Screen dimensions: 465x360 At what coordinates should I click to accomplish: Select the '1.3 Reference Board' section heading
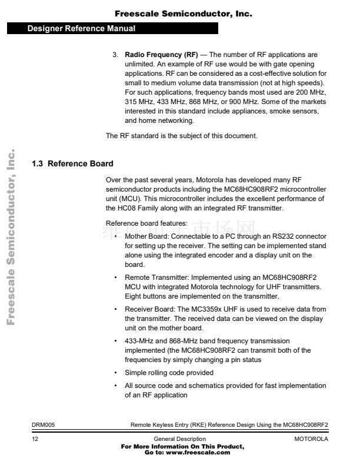click(x=72, y=163)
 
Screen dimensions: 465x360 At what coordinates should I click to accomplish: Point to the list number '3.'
click(x=116, y=55)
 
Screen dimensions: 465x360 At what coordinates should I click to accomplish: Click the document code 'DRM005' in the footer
click(x=44, y=424)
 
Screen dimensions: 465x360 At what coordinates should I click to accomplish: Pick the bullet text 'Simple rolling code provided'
click(x=169, y=373)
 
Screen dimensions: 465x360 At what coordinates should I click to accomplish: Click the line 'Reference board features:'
click(x=146, y=223)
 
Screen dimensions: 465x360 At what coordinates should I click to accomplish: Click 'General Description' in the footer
click(x=179, y=439)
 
